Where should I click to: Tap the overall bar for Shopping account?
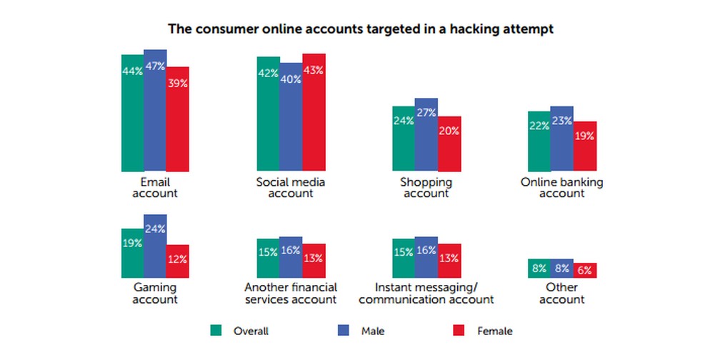tap(403, 139)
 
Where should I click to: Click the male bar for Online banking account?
tap(562, 139)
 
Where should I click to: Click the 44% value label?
tap(132, 71)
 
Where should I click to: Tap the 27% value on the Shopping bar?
tap(426, 112)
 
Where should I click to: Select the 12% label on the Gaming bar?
tap(177, 259)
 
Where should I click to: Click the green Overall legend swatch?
tap(215, 330)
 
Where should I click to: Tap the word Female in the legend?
tap(495, 331)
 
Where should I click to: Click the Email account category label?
tap(154, 188)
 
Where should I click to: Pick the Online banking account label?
tap(562, 188)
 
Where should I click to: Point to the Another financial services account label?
tap(290, 293)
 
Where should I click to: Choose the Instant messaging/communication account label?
tap(426, 293)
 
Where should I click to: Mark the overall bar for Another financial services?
tap(268, 258)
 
